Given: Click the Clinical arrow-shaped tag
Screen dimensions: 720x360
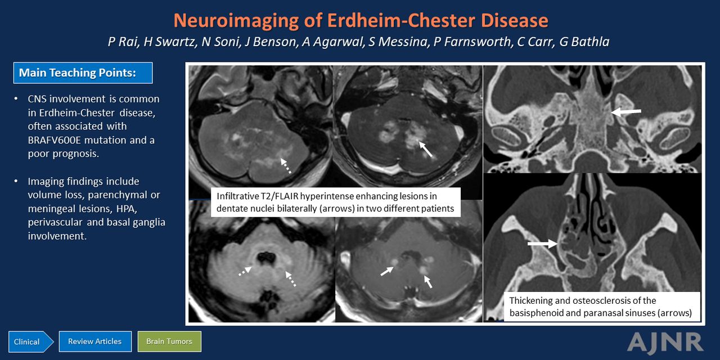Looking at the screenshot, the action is (x=30, y=341).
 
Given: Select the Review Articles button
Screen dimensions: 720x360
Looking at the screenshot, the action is (x=95, y=341).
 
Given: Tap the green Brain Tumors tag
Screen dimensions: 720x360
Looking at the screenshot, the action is (x=169, y=341).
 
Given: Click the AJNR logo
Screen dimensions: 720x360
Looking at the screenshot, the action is (x=665, y=343).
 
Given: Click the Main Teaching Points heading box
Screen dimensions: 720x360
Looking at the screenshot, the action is (x=83, y=73).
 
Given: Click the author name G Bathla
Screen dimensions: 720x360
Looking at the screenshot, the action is (x=584, y=42).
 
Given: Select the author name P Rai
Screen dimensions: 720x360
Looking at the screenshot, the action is (x=123, y=42).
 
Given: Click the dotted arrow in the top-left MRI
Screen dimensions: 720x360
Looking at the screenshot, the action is (x=286, y=166).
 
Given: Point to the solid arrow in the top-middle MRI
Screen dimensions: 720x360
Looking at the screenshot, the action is (x=426, y=149).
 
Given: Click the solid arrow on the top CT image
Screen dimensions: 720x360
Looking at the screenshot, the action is (x=626, y=112).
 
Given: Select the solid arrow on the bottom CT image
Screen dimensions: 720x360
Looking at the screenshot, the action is (x=543, y=244).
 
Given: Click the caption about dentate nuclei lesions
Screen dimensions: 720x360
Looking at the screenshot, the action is (x=336, y=202).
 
